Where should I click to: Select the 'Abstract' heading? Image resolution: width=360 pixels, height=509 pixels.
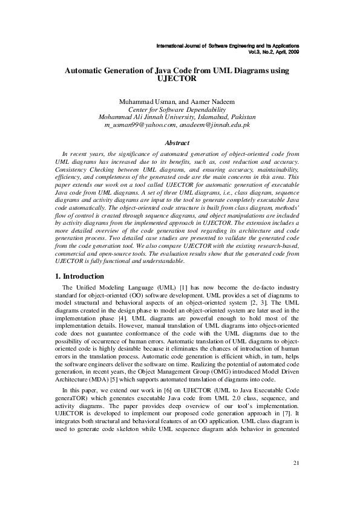[x=177, y=143]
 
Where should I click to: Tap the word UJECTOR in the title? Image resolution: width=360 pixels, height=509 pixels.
[x=177, y=79]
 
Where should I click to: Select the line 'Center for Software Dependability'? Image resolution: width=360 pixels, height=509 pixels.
[x=177, y=109]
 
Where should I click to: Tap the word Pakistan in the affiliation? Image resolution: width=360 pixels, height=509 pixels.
[x=241, y=117]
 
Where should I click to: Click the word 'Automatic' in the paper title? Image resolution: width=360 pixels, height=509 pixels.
[x=87, y=71]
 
